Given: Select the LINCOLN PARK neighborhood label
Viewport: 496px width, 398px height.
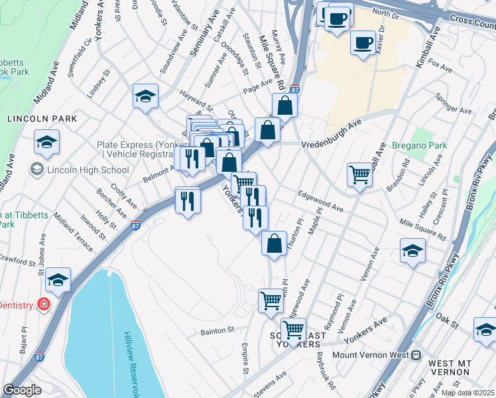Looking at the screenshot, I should [x=42, y=119].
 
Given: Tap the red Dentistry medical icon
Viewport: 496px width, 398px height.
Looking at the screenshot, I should [x=44, y=304].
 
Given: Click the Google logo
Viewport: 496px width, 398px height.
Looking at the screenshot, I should [x=22, y=390].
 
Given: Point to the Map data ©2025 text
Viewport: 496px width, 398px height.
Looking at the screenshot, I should [x=468, y=393].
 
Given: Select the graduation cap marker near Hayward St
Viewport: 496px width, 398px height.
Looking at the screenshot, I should [x=145, y=96].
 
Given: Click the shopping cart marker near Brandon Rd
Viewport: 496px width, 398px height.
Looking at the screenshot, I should [x=359, y=175].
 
